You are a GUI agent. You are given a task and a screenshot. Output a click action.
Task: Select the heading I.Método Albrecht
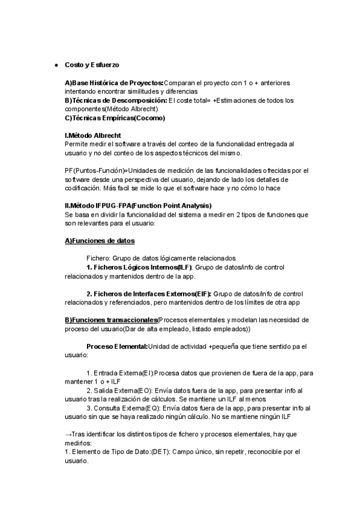pos(93,136)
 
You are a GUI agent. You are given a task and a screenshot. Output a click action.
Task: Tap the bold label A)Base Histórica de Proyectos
pos(114,82)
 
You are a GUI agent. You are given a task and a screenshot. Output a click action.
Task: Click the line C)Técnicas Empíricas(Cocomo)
pos(115,118)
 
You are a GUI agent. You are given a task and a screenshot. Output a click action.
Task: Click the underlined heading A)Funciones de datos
pos(100,241)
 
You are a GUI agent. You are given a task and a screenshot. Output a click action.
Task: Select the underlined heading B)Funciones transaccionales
pos(112,320)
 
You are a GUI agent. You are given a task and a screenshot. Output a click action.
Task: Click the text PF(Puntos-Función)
pos(95,170)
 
